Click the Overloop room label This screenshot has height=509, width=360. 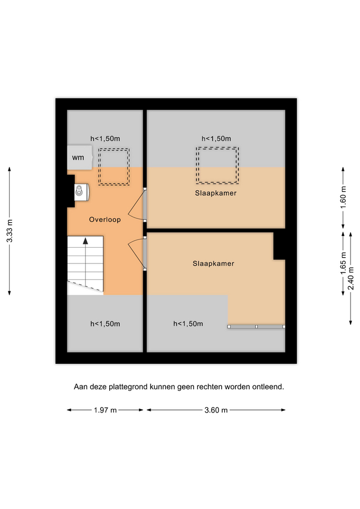point(105,220)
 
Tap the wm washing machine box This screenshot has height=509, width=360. point(80,157)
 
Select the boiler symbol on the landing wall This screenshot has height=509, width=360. point(82,192)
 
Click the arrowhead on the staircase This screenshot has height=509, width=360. point(85,241)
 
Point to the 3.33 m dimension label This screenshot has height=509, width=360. point(10,231)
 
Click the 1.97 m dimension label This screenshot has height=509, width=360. point(105,410)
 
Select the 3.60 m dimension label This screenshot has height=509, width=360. point(216,410)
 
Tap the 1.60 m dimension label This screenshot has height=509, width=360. point(344,197)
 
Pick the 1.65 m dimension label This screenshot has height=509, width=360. point(343,263)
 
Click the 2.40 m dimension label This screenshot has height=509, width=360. point(351,278)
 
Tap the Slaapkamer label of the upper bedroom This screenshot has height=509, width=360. point(216,193)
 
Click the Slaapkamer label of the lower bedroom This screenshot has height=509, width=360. point(213,264)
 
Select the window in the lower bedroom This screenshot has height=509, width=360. point(256,327)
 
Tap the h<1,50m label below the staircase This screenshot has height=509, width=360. point(105,323)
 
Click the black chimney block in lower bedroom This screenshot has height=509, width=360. point(279,246)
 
